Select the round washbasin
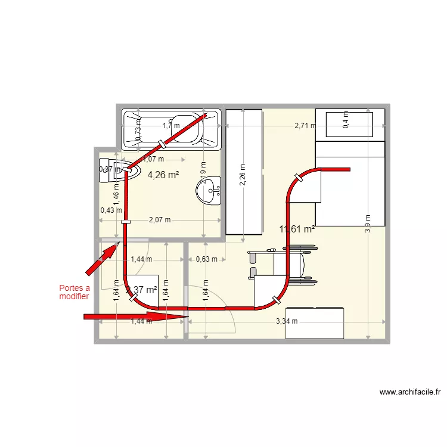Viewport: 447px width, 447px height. [209, 191]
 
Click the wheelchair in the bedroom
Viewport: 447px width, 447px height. [280, 265]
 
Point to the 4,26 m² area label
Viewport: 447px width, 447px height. [163, 175]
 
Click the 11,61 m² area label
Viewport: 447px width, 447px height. [297, 228]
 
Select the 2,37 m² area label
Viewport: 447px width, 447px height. [142, 290]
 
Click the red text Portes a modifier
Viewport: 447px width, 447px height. [74, 292]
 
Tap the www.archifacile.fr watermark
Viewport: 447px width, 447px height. [410, 392]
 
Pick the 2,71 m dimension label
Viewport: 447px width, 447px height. [305, 126]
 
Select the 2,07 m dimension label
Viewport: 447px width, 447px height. [159, 220]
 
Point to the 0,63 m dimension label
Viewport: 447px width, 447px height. [206, 259]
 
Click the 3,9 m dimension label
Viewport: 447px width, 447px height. [368, 223]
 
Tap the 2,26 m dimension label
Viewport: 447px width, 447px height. [243, 175]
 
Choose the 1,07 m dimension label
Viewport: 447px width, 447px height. [153, 159]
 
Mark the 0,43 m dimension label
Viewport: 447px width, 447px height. [111, 210]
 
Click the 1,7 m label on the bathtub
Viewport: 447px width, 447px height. [171, 126]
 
